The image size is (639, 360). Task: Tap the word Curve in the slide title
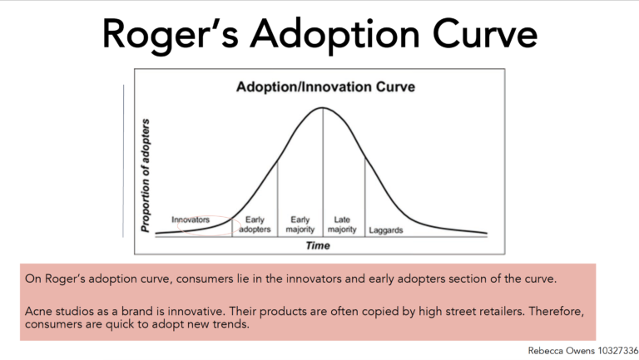click(485, 34)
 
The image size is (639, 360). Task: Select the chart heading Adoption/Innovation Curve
click(325, 86)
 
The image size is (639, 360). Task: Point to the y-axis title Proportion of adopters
click(146, 175)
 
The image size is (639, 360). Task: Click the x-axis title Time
click(318, 245)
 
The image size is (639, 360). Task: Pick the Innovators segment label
click(191, 220)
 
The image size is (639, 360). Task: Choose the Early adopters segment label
click(255, 224)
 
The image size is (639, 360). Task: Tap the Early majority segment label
click(300, 224)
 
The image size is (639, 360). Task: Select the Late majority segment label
click(342, 224)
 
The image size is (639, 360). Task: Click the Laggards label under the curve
click(385, 230)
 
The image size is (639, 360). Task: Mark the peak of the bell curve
click(322, 107)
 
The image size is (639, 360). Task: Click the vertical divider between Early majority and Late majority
click(323, 172)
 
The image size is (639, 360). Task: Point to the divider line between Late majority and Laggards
click(365, 197)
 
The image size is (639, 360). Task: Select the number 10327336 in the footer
click(618, 351)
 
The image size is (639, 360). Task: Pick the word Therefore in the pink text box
click(557, 312)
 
